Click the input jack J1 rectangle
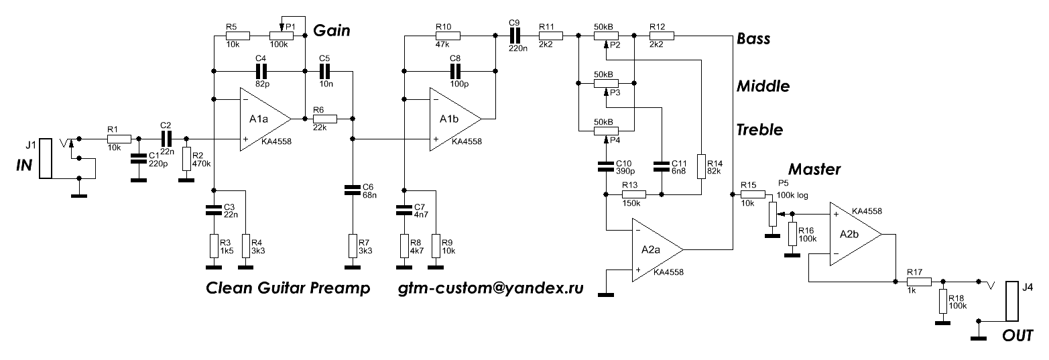[45, 158]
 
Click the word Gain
[332, 30]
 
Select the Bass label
[753, 38]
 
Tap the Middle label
[763, 86]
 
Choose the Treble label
[759, 129]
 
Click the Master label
[814, 169]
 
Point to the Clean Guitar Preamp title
[288, 289]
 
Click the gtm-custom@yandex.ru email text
[491, 289]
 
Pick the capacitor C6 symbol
[352, 190]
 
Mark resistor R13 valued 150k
[633, 194]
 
